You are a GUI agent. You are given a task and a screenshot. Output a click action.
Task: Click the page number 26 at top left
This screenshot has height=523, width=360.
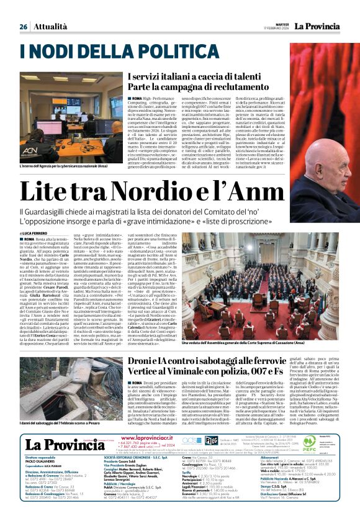click(24, 27)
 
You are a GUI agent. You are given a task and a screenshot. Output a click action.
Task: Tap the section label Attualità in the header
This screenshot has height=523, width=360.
click(50, 27)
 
